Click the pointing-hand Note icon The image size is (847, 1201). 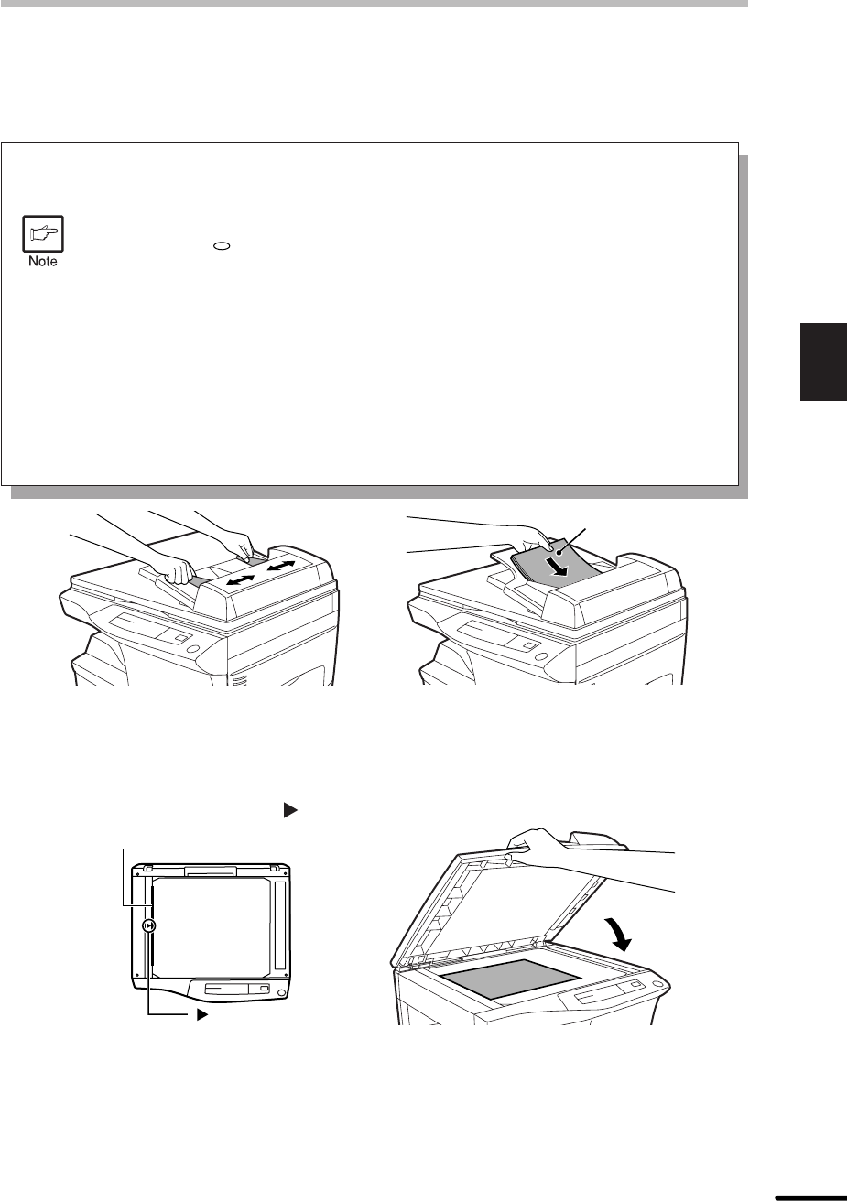[x=43, y=233]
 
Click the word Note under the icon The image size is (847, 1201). [x=43, y=261]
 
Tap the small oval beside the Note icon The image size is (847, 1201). [x=223, y=246]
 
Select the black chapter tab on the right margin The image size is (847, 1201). [x=823, y=362]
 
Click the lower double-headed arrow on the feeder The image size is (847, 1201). [x=240, y=580]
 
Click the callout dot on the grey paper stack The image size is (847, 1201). [x=558, y=552]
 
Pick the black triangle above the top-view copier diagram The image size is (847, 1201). [x=290, y=810]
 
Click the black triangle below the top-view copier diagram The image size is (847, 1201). [x=202, y=1014]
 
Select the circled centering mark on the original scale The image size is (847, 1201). [x=149, y=926]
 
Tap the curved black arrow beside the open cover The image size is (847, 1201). [x=618, y=935]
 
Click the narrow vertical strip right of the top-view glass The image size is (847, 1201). [x=279, y=926]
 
